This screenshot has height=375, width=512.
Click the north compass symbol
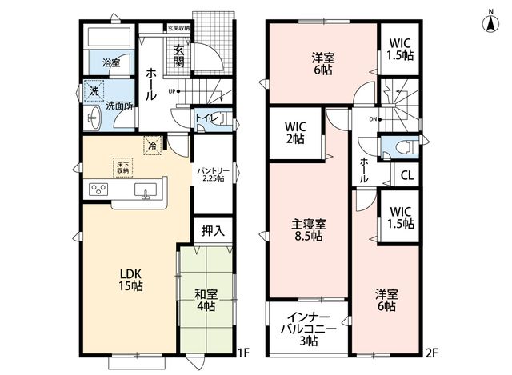pyautogui.click(x=490, y=23)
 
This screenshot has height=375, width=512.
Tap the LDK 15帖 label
pyautogui.click(x=130, y=280)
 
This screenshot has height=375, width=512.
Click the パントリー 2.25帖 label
pyautogui.click(x=213, y=174)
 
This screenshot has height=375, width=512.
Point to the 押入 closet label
pyautogui.click(x=213, y=231)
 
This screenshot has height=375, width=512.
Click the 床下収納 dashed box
pyautogui.click(x=123, y=168)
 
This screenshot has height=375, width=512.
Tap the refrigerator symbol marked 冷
pyautogui.click(x=153, y=146)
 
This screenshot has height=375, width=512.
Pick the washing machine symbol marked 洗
pyautogui.click(x=94, y=91)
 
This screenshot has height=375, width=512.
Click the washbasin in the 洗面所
pyautogui.click(x=94, y=118)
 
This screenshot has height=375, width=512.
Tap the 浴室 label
pyautogui.click(x=111, y=62)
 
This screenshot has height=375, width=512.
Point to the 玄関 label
pyautogui.click(x=178, y=56)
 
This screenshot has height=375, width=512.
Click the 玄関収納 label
pyautogui.click(x=178, y=28)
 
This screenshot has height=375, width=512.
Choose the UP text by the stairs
pyautogui.click(x=172, y=91)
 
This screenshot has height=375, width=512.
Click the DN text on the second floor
pyautogui.click(x=373, y=119)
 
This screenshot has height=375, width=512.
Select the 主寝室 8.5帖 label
pyautogui.click(x=308, y=230)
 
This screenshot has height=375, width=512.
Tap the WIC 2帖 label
pyautogui.click(x=295, y=133)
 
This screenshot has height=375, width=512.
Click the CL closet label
pyautogui.click(x=407, y=176)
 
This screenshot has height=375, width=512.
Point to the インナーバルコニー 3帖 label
pyautogui.click(x=309, y=329)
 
